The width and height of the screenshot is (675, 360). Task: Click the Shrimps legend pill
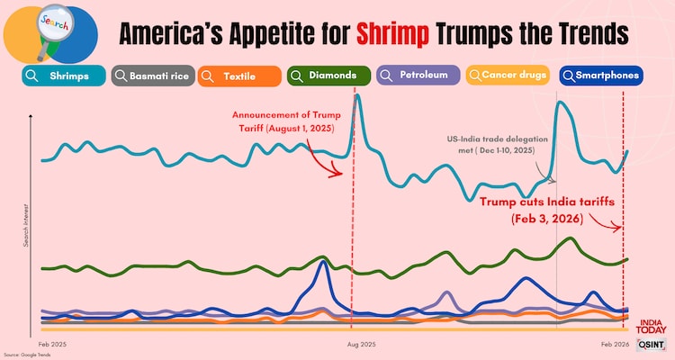[x=60, y=76]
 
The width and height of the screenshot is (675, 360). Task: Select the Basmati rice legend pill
[x=152, y=76]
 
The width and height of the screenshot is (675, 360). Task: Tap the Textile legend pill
[x=238, y=76]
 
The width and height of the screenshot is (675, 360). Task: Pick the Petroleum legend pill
[x=417, y=76]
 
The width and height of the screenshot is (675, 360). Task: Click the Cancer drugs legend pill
[x=508, y=76]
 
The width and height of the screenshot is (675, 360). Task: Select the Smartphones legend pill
[x=600, y=76]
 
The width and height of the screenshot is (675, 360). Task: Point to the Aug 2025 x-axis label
[x=361, y=345]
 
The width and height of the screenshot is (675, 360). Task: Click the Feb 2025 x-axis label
[x=52, y=345]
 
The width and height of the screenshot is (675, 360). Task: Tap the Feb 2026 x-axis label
[x=616, y=345]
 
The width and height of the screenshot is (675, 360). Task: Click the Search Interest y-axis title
[x=26, y=226]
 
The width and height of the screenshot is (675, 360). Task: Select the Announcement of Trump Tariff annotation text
[x=283, y=121]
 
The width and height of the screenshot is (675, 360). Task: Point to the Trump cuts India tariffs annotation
[x=547, y=210]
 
